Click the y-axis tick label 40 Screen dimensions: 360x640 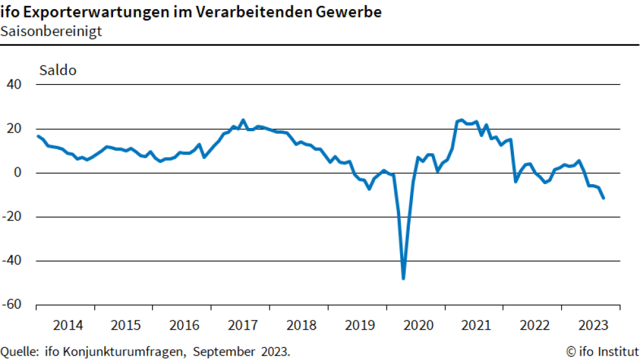point(14,85)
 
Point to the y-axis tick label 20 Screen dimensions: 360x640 point(14,129)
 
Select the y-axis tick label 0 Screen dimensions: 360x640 point(18,173)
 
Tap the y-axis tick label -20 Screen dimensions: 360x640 point(12,217)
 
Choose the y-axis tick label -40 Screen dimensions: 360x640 point(12,261)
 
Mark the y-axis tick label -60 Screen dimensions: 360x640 point(12,305)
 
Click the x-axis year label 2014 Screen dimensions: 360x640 point(67,324)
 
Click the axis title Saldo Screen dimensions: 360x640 point(58,70)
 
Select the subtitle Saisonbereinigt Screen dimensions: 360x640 point(51,31)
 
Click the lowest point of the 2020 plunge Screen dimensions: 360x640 point(403,279)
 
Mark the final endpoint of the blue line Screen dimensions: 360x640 point(603,198)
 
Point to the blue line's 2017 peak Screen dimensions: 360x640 point(243,120)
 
